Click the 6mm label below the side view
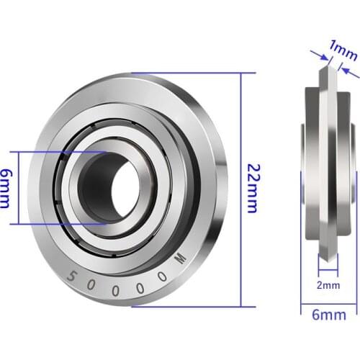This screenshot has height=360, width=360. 328,314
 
